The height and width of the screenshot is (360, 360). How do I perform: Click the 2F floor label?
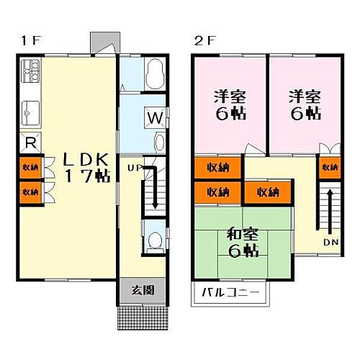[x=204, y=40]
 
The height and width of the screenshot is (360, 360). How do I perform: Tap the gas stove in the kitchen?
[x=30, y=71]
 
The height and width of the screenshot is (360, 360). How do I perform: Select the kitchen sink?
[x=30, y=113]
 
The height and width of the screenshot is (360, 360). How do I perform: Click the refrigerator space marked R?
[x=30, y=143]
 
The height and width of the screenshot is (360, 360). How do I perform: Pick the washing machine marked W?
[x=155, y=118]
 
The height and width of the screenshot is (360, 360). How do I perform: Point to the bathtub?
[x=155, y=73]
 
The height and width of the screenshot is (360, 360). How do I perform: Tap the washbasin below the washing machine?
[x=159, y=143]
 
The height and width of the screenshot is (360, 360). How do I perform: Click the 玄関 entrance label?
[x=143, y=291]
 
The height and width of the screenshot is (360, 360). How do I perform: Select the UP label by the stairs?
[x=135, y=168]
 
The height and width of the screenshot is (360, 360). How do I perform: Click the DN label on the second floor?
[x=330, y=243]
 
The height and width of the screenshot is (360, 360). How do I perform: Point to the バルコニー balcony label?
[x=230, y=293]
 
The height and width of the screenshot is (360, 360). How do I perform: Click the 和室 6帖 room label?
[x=243, y=243]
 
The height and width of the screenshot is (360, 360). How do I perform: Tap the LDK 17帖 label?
[x=86, y=167]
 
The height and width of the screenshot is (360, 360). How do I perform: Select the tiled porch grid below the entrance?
[x=143, y=318]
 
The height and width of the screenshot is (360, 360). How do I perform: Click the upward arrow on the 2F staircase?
[x=330, y=211]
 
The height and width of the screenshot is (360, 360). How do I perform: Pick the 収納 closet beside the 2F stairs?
[x=330, y=168]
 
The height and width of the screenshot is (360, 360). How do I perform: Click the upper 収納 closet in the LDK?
[x=30, y=168]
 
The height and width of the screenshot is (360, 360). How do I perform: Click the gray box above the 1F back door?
[x=105, y=42]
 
